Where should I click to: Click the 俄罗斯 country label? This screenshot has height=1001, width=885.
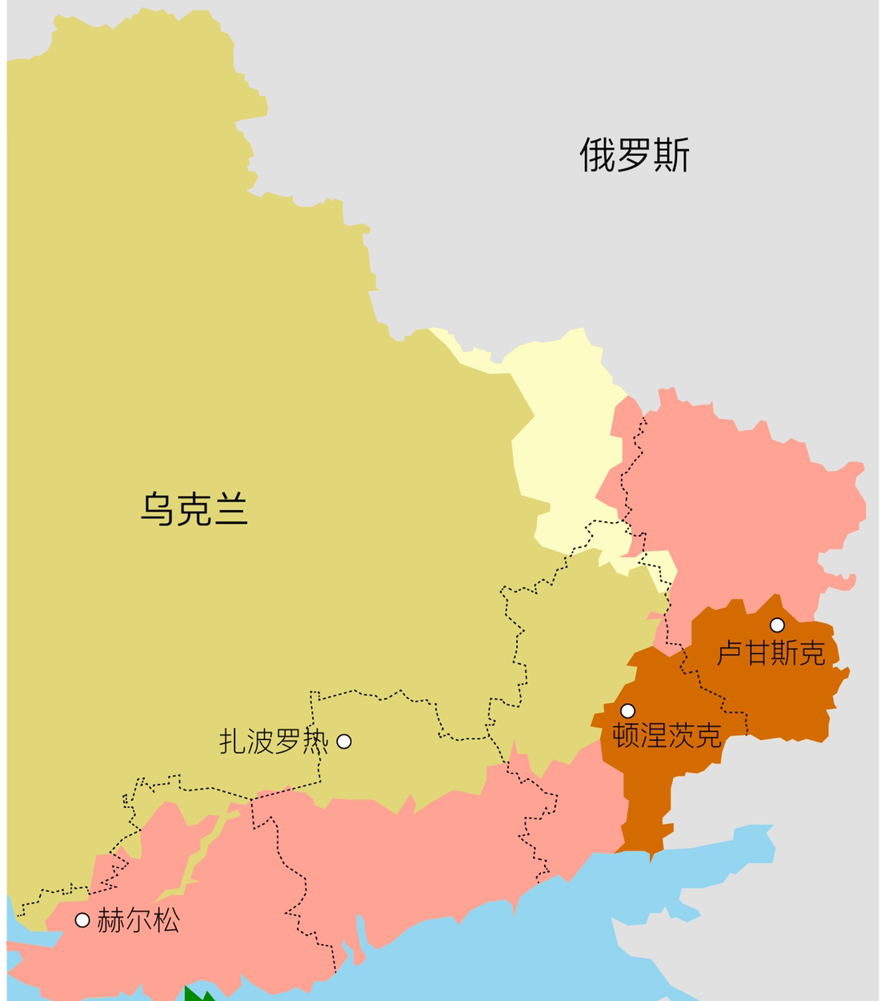coord(635,155)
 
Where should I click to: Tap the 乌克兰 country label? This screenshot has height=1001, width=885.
coord(194,509)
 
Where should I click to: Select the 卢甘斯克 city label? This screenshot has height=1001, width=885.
coord(771,653)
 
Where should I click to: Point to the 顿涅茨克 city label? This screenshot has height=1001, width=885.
coord(667,735)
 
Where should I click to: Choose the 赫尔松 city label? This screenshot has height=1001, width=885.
coord(138,921)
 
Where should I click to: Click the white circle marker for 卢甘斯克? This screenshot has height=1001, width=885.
coord(777,625)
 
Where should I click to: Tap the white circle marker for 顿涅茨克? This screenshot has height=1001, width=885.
coord(628,710)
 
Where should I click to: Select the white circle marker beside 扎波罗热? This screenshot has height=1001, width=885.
coord(344,742)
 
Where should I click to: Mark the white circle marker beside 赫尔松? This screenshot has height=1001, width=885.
coord(82,920)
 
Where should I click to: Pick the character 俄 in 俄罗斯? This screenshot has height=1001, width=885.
coord(598,155)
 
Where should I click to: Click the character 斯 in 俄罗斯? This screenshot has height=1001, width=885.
coord(671,155)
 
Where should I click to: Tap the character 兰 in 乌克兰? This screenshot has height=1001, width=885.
coord(230,509)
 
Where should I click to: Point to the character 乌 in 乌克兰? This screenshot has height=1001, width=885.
coord(158,509)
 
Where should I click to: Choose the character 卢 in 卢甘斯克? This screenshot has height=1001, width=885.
coord(730,653)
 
